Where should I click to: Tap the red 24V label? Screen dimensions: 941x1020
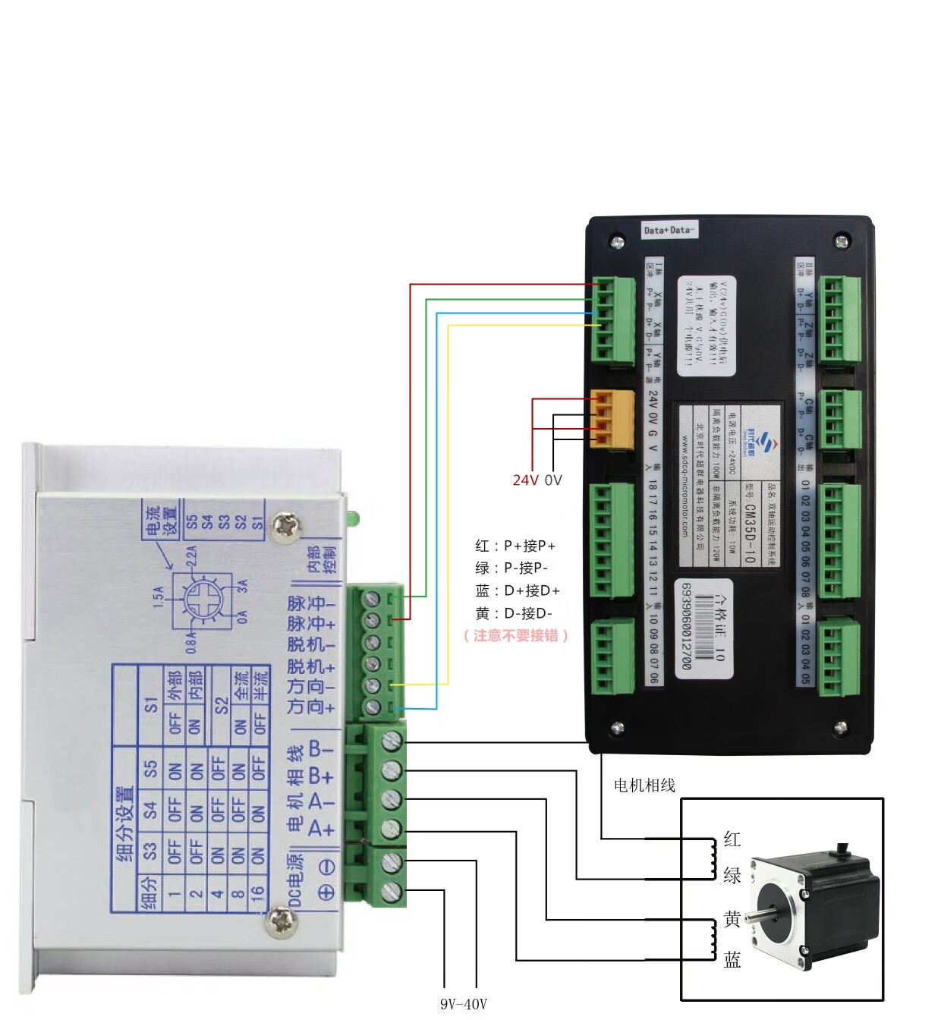pos(525,480)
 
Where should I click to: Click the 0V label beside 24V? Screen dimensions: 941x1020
pos(553,480)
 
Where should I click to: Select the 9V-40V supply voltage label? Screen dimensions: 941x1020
pos(463,1004)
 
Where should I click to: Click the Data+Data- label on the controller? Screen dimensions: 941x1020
pos(669,230)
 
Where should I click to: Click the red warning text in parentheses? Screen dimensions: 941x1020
pos(516,635)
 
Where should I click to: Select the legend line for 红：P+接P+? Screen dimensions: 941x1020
pos(515,546)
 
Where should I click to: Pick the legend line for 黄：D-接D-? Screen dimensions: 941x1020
pos(514,613)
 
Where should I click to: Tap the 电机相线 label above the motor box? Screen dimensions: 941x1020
pos(644,785)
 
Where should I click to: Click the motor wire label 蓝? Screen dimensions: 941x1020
pos(732,960)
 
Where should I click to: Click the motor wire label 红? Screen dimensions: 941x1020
pos(732,839)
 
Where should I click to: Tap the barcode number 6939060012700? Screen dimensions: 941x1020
pos(686,626)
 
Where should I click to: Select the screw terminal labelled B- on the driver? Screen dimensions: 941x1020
pos(392,740)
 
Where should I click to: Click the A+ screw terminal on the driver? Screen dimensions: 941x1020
pos(391,829)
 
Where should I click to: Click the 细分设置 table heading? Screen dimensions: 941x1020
pos(126,823)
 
